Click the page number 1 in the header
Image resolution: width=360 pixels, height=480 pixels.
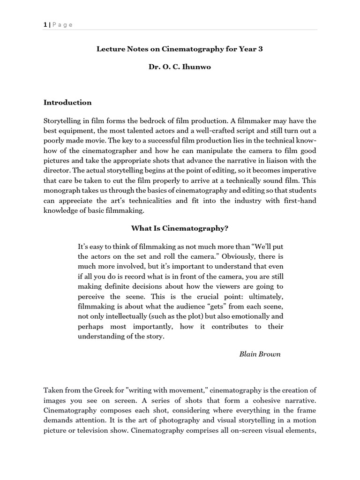pos(45,25)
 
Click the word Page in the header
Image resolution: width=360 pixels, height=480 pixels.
pos(62,25)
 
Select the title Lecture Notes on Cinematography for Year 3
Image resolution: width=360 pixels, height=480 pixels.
pos(180,49)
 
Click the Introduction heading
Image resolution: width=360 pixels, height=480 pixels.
pos(67,103)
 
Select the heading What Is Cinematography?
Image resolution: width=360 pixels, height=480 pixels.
pos(180,228)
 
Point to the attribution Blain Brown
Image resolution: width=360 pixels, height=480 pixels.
pos(260,354)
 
